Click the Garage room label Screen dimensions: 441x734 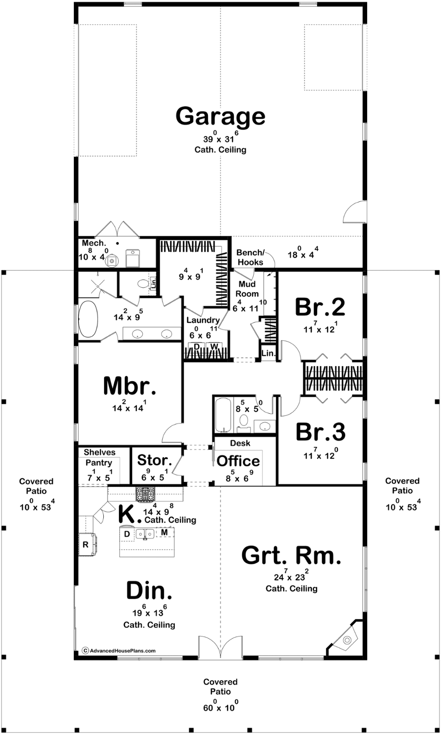tap(220, 117)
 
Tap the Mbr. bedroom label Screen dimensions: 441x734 tap(130, 386)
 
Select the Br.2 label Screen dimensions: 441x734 tap(320, 307)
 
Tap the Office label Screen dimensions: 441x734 tap(238, 461)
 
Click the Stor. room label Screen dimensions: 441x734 tap(155, 460)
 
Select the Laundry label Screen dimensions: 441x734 tap(203, 320)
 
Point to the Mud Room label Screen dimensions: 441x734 tap(247, 289)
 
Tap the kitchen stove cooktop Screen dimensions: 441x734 tap(145, 495)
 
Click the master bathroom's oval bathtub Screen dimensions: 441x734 tap(88, 319)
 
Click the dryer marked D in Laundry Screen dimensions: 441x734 tap(197, 347)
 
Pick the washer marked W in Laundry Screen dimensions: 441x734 tap(214, 347)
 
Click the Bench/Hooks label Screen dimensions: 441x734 tap(250, 257)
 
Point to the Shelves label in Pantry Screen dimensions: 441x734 tap(100, 452)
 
